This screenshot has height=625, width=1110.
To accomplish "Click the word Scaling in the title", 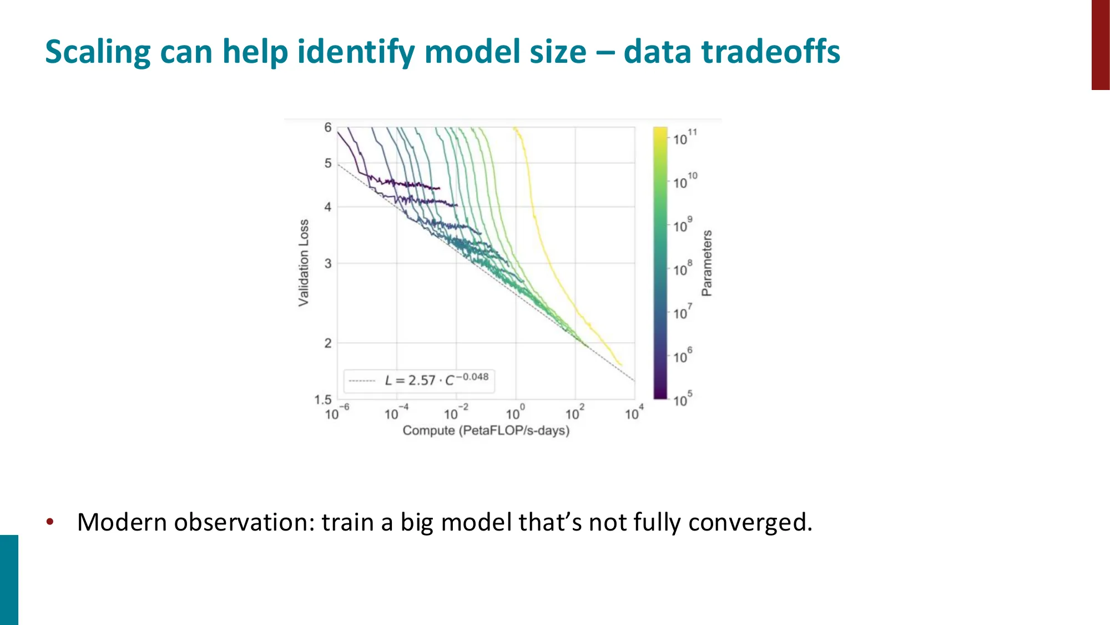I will pos(98,52).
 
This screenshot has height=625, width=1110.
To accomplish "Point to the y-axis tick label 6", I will pos(328,128).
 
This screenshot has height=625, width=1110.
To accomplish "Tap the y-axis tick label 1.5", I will pos(322,399).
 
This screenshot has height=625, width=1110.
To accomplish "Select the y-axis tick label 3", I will pos(328,263).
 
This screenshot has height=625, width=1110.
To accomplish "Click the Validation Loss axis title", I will pos(304,262).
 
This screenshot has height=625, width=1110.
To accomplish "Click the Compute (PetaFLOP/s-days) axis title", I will pos(486,431).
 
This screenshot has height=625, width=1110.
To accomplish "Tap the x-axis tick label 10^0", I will pos(514,413).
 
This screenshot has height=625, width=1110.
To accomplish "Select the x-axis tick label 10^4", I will pos(634,413).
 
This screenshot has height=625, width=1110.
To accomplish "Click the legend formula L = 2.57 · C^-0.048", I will pos(436,381).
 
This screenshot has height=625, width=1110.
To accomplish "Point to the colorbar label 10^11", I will pos(684,138).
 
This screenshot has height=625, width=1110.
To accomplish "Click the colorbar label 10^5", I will pos(682,399).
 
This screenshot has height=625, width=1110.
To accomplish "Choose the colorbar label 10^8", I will pos(682,269).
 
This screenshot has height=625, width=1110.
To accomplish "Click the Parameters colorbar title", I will pos(707,263).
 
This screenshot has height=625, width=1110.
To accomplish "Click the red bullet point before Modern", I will pos(50,522).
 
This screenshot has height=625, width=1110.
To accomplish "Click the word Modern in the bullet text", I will pos(122,522).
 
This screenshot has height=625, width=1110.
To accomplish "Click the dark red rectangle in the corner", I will pos(1100,44).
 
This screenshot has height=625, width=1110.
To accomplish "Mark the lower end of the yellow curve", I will pos(620,364).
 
